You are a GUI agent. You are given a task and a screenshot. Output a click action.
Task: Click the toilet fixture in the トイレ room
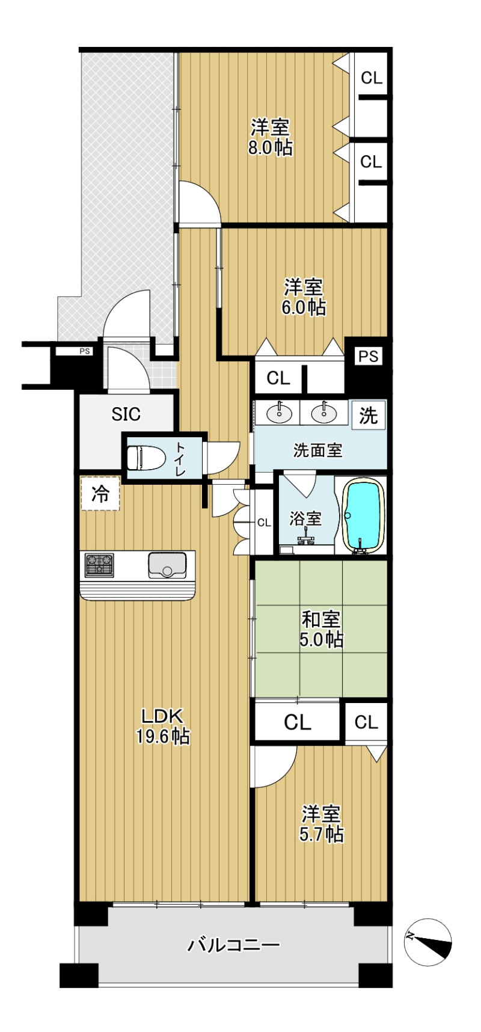tap(146, 458)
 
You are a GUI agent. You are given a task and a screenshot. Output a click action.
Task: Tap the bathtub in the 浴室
tap(363, 515)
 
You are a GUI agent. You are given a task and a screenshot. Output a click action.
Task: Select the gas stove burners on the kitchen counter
tap(99, 565)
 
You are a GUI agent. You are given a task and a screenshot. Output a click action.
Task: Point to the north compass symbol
tap(427, 942)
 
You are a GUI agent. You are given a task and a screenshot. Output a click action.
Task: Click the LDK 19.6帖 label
tap(162, 726)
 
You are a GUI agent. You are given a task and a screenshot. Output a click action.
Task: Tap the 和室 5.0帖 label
tap(321, 629)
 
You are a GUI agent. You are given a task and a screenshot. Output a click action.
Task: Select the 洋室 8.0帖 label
tap(271, 137)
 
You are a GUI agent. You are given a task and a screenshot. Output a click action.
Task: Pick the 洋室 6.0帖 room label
tap(304, 297)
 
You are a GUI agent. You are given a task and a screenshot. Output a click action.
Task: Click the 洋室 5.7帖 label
tap(322, 824)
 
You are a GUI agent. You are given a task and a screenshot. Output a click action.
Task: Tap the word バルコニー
tap(234, 945)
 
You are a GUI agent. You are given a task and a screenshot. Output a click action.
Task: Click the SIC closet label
tap(126, 414)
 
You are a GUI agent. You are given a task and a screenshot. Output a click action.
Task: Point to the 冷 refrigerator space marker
tap(100, 494)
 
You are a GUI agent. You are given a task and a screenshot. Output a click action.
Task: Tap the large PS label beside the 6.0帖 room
tap(369, 357)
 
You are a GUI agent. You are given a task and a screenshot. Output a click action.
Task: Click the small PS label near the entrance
tap(85, 351)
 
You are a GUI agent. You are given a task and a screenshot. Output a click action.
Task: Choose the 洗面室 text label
tap(317, 450)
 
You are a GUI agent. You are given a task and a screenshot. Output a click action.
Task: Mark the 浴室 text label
tap(305, 518)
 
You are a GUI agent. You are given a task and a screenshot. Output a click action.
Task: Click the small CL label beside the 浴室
tap(264, 523)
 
